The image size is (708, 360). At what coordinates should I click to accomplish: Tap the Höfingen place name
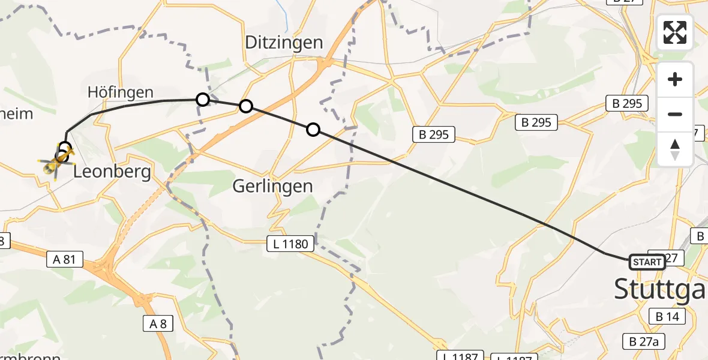(x=121, y=92)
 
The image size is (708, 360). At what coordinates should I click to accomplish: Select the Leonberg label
(x=112, y=172)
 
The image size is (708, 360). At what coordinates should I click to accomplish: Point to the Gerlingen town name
(x=273, y=186)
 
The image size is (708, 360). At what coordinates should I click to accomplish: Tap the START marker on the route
(x=647, y=262)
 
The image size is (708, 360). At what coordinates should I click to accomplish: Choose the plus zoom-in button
(x=675, y=79)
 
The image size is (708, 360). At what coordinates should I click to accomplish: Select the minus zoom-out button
(x=675, y=114)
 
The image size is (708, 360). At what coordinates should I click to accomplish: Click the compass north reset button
(x=675, y=149)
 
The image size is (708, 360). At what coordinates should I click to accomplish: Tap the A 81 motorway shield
(x=64, y=259)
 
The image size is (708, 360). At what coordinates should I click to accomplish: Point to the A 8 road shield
(x=158, y=324)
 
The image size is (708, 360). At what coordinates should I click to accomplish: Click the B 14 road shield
(x=667, y=316)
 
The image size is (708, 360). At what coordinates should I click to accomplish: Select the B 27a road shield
(x=644, y=341)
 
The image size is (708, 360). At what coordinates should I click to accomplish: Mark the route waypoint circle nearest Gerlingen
(x=313, y=129)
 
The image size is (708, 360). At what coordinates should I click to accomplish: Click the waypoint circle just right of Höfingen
(x=203, y=100)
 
